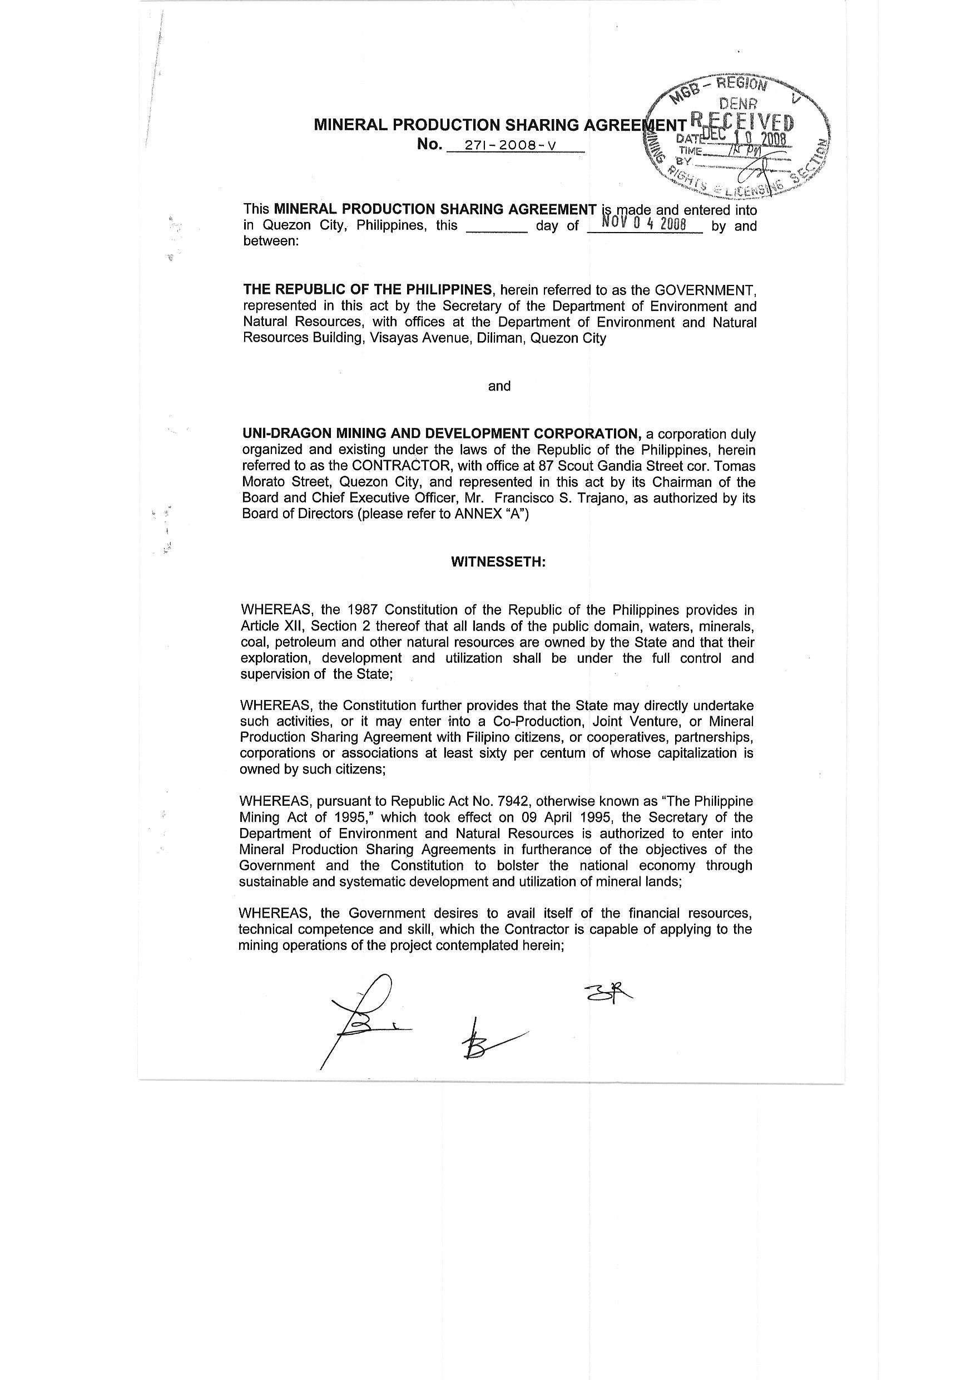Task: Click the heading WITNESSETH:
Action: tap(498, 561)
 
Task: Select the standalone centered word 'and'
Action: tap(499, 386)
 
